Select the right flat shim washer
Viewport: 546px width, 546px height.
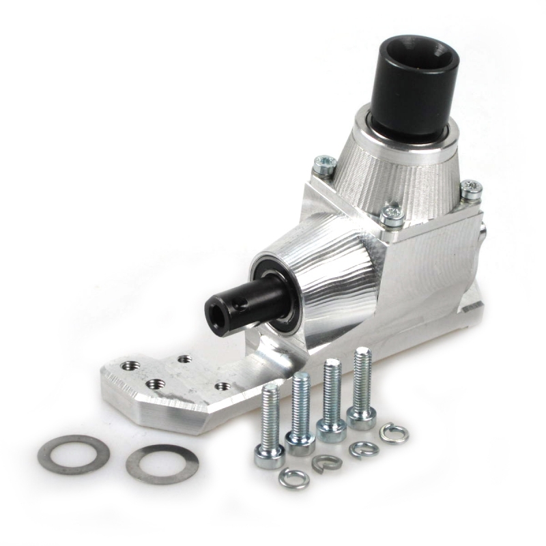coord(162,464)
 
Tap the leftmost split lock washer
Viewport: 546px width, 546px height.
coord(294,479)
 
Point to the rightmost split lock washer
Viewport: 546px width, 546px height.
coord(394,433)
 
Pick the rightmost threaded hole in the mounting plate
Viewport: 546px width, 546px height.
coord(222,386)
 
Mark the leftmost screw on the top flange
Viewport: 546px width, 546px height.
coord(326,164)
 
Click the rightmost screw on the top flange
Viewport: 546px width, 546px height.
coord(470,189)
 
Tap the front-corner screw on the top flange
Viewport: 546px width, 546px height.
coord(392,214)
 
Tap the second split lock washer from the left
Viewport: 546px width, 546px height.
coord(326,463)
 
